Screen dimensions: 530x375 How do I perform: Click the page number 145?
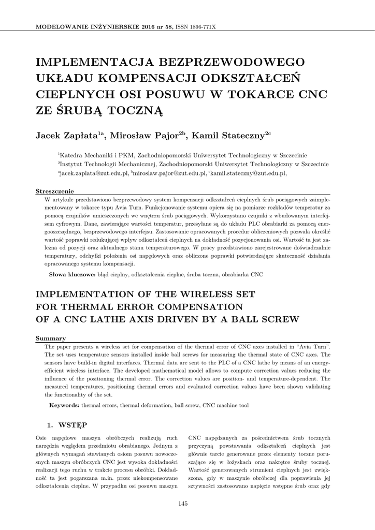182,504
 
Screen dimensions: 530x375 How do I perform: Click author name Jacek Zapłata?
67,136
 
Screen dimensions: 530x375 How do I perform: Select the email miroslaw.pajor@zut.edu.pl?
170,174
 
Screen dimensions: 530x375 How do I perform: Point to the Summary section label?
50,338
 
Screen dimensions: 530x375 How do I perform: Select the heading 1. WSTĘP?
67,425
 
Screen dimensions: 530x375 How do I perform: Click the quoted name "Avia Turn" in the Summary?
313,345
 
